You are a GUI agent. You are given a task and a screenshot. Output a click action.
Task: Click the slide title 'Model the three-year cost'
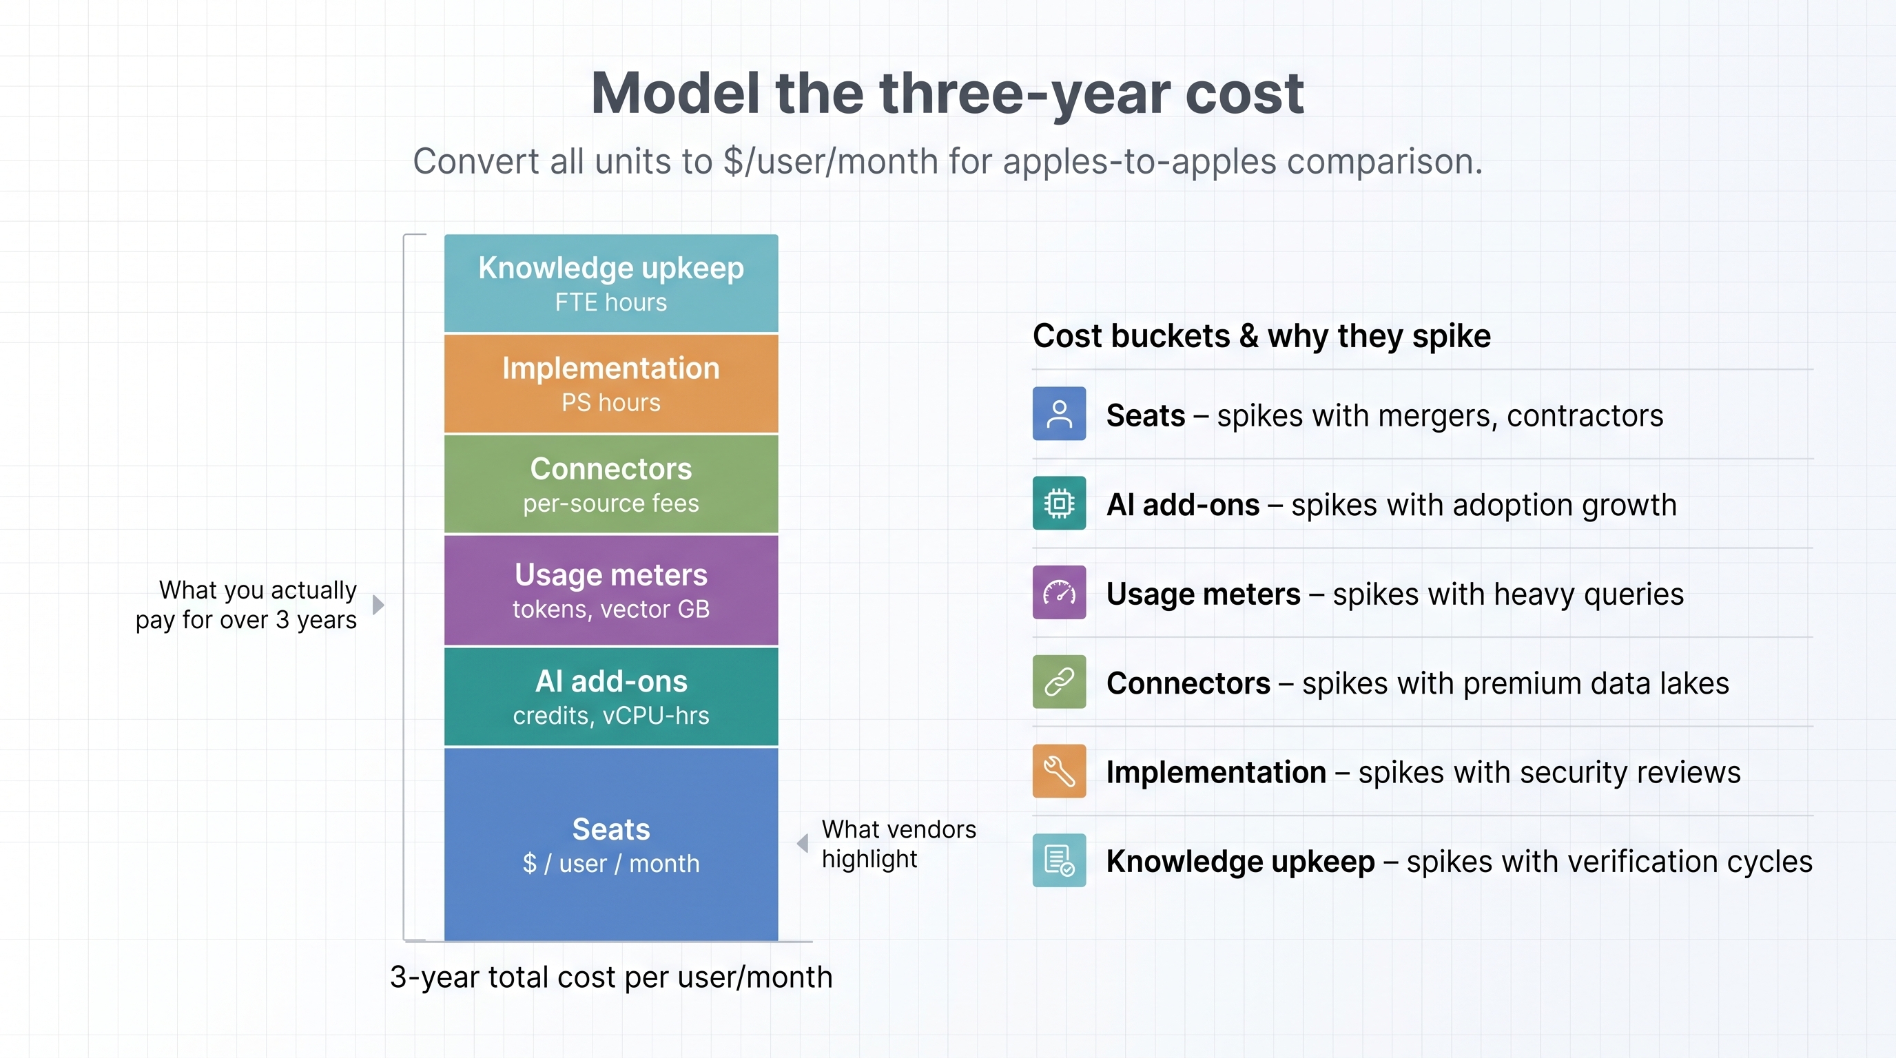(947, 94)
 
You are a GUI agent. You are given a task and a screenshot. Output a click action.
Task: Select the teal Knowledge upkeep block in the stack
(611, 283)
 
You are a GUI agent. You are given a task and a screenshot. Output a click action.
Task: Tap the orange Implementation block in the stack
(611, 384)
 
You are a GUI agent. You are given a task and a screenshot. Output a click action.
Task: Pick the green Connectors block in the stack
(611, 484)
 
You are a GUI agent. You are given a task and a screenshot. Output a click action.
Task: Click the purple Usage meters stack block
(611, 590)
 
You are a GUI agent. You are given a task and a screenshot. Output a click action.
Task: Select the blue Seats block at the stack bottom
(611, 844)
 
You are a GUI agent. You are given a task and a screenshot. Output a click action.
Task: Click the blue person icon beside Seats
(1059, 413)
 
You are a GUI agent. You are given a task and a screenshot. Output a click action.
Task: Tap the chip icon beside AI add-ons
(1059, 504)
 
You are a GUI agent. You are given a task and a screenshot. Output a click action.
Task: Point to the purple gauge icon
(1059, 592)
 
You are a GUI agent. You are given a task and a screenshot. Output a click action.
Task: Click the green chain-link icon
(1059, 681)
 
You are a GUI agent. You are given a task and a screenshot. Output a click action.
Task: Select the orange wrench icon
(1059, 771)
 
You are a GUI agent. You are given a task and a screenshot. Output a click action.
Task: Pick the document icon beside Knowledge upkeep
(1059, 860)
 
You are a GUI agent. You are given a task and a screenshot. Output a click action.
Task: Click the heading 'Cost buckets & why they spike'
(1261, 336)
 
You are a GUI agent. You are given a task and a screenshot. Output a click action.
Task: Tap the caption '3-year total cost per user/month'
(611, 978)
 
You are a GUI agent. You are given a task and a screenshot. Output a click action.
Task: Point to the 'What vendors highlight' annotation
(898, 844)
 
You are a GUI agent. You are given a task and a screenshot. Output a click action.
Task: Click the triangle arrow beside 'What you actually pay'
(378, 605)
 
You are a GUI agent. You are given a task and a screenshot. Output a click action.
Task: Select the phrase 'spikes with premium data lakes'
(1516, 683)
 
